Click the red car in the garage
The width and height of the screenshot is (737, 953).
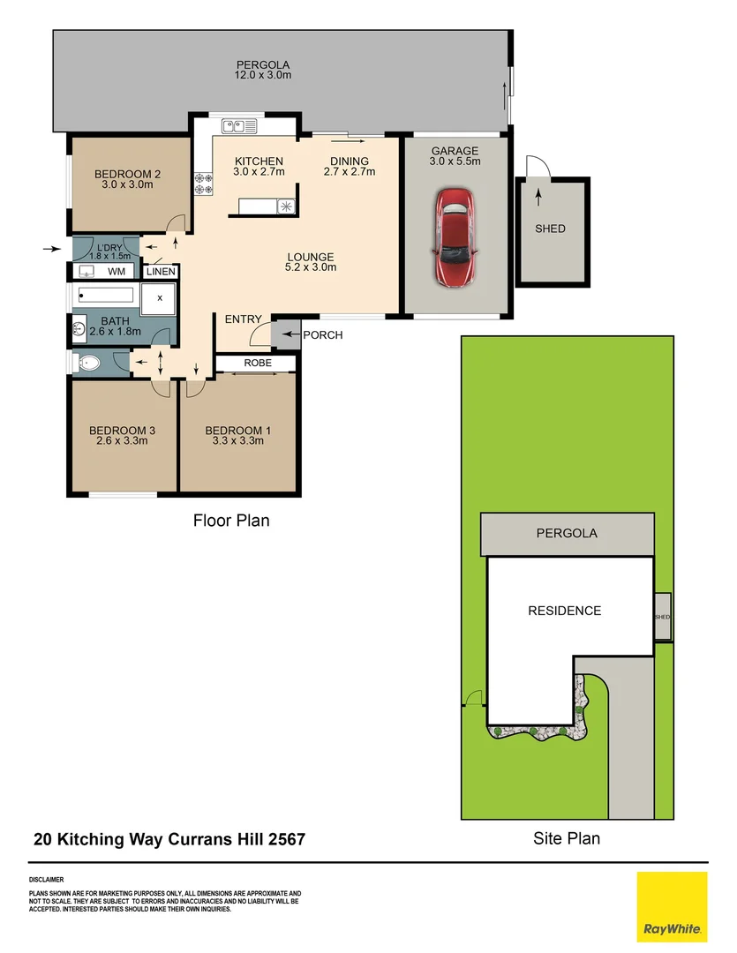(x=455, y=237)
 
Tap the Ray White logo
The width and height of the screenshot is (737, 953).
(x=672, y=906)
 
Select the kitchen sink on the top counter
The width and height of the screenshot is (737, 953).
(x=238, y=126)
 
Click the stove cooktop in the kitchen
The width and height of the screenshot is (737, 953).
(x=202, y=183)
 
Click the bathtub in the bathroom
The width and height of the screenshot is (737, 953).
(x=105, y=296)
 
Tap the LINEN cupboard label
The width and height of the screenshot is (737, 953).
(x=162, y=272)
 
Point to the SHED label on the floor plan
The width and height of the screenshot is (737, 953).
(x=550, y=229)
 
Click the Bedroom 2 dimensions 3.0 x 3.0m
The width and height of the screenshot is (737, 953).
(x=127, y=185)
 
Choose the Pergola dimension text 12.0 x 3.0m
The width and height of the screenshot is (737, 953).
(x=262, y=76)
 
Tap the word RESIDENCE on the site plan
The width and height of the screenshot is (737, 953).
(x=564, y=611)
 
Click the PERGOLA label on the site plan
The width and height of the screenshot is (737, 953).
(x=567, y=533)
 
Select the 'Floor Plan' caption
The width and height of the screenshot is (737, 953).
(x=231, y=521)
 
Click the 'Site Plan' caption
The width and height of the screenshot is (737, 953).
(x=566, y=838)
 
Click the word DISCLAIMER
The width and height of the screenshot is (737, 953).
(x=46, y=880)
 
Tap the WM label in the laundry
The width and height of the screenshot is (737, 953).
(x=116, y=272)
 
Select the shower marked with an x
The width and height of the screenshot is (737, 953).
(x=160, y=298)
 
